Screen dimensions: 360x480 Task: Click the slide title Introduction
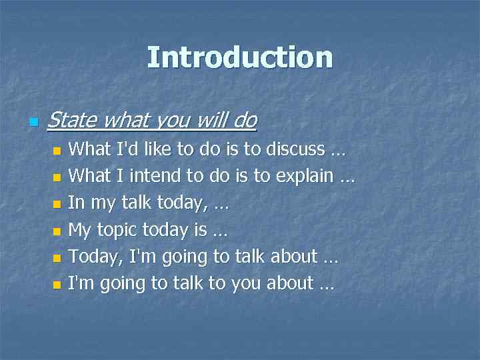click(239, 57)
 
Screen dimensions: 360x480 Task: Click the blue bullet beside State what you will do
click(34, 123)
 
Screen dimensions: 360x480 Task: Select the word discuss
click(295, 149)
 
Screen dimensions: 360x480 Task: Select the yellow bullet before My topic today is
click(57, 231)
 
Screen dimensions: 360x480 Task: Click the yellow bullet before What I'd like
click(57, 151)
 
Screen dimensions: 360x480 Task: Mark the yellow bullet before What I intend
click(57, 178)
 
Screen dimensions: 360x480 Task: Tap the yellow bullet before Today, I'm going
click(57, 258)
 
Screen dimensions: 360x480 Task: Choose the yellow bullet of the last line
click(57, 285)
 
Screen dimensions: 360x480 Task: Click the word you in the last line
click(245, 284)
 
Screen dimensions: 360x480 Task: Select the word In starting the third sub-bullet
click(77, 203)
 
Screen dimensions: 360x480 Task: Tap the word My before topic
click(81, 230)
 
